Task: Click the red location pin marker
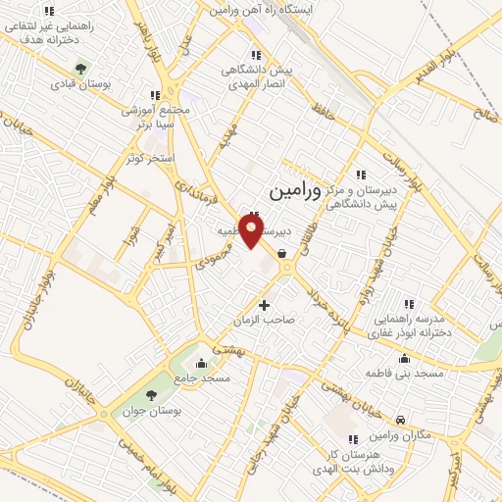point(252,231)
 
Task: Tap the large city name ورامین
point(293,183)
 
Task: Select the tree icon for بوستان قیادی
point(81,69)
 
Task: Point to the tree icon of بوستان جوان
point(151,394)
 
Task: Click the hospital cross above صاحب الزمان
point(264,305)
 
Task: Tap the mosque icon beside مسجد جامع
point(202,365)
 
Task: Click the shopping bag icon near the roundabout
point(282,253)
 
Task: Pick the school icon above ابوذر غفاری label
point(410,304)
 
